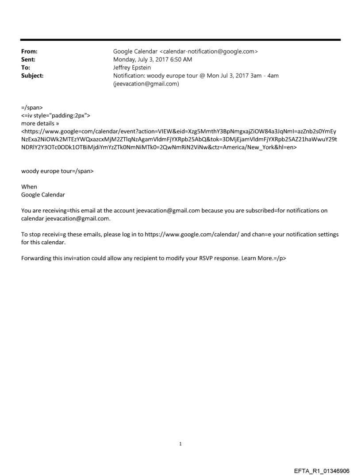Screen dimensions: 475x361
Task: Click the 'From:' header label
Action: tap(29, 52)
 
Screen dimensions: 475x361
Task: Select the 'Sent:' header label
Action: tap(28, 60)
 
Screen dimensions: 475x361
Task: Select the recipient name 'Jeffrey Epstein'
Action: tap(132, 68)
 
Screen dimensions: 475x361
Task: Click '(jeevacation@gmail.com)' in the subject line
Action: tap(146, 84)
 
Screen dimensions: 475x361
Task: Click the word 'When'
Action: tap(29, 187)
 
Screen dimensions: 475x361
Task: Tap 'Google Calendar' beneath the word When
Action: tap(42, 195)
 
